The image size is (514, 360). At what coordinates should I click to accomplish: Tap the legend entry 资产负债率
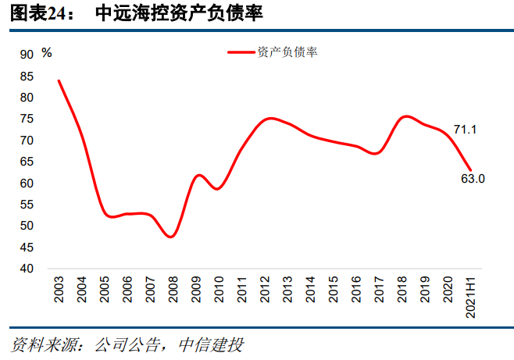point(287,52)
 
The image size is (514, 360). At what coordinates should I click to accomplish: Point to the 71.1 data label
point(466,129)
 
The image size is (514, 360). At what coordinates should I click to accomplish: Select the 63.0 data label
point(473,179)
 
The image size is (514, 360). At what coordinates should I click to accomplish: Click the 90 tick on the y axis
point(27,55)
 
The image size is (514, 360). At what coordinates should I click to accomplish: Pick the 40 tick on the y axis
point(27,269)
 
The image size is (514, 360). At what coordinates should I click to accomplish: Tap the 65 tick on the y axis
point(27,162)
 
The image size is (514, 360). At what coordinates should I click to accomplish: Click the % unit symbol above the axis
point(47,52)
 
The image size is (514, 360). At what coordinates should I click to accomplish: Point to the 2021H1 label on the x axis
point(471,294)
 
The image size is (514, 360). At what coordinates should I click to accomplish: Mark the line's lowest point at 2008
point(172,237)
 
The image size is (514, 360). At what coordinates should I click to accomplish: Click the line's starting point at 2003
point(59,80)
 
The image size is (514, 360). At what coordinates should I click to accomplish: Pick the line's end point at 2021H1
point(470,170)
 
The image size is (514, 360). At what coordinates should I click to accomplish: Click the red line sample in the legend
point(241,52)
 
